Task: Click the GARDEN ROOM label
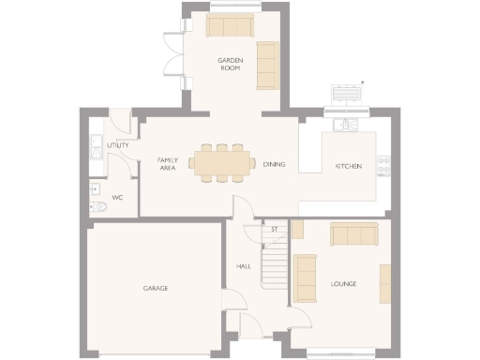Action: pos(231,64)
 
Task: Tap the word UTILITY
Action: pos(118,145)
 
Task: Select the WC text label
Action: pos(117,198)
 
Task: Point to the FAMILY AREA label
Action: pos(167,164)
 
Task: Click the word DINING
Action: pos(274,164)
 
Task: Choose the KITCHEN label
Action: pos(349,166)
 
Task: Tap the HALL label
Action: pos(244,267)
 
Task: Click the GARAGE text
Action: pos(156,288)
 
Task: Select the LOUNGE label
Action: pos(344,283)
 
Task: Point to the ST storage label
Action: pos(275,229)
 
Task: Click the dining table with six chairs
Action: pos(222,162)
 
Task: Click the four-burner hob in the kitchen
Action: pos(382,165)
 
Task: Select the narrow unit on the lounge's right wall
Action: pos(384,284)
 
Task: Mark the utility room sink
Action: pos(95,148)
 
